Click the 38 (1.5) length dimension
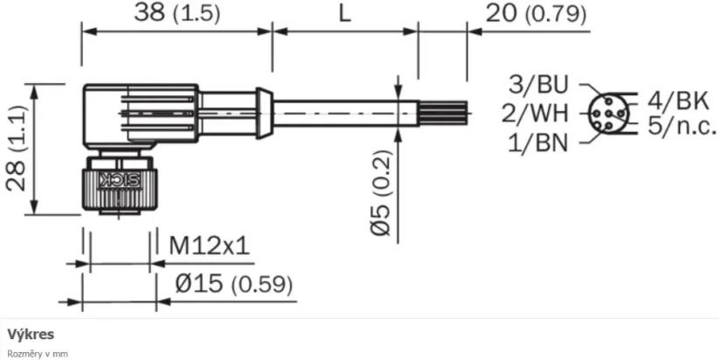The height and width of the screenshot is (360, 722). (176, 13)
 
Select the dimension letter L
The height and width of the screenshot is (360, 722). (344, 13)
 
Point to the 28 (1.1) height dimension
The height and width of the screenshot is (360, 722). (16, 149)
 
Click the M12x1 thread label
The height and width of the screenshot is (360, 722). (208, 246)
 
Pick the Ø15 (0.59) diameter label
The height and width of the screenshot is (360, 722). (233, 284)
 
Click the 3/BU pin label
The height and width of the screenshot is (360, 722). (538, 85)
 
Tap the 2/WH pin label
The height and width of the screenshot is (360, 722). (534, 113)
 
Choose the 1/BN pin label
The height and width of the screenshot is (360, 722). (538, 141)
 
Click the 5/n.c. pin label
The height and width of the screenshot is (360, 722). (682, 127)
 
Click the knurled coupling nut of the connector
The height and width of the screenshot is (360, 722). (119, 185)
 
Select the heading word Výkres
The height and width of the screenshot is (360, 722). (31, 335)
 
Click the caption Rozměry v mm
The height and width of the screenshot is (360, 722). (37, 354)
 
